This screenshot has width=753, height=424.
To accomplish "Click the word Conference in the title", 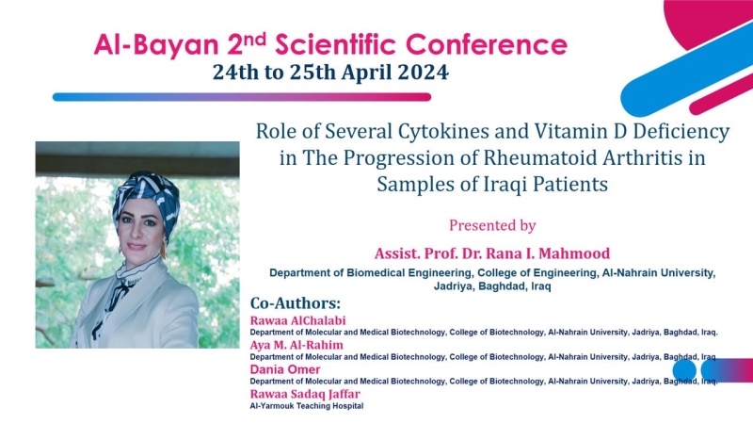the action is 486,44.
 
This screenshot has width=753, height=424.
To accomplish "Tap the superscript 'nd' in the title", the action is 254,39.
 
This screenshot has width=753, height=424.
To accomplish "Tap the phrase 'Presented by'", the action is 492,225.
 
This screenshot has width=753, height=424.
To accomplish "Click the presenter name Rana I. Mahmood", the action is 548,253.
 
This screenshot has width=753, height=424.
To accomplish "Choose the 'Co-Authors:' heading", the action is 296,303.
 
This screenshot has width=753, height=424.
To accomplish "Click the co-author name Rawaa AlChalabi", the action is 297,320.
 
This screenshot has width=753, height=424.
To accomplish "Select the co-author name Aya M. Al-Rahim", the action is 296,345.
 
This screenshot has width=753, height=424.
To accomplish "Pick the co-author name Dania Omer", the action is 285,369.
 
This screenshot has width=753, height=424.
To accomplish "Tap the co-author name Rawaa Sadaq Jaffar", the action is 305,394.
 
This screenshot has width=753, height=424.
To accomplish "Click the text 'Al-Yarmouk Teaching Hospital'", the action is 307,406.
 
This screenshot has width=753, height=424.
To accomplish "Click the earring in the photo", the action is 164,249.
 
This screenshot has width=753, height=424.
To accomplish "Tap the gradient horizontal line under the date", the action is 242,97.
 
